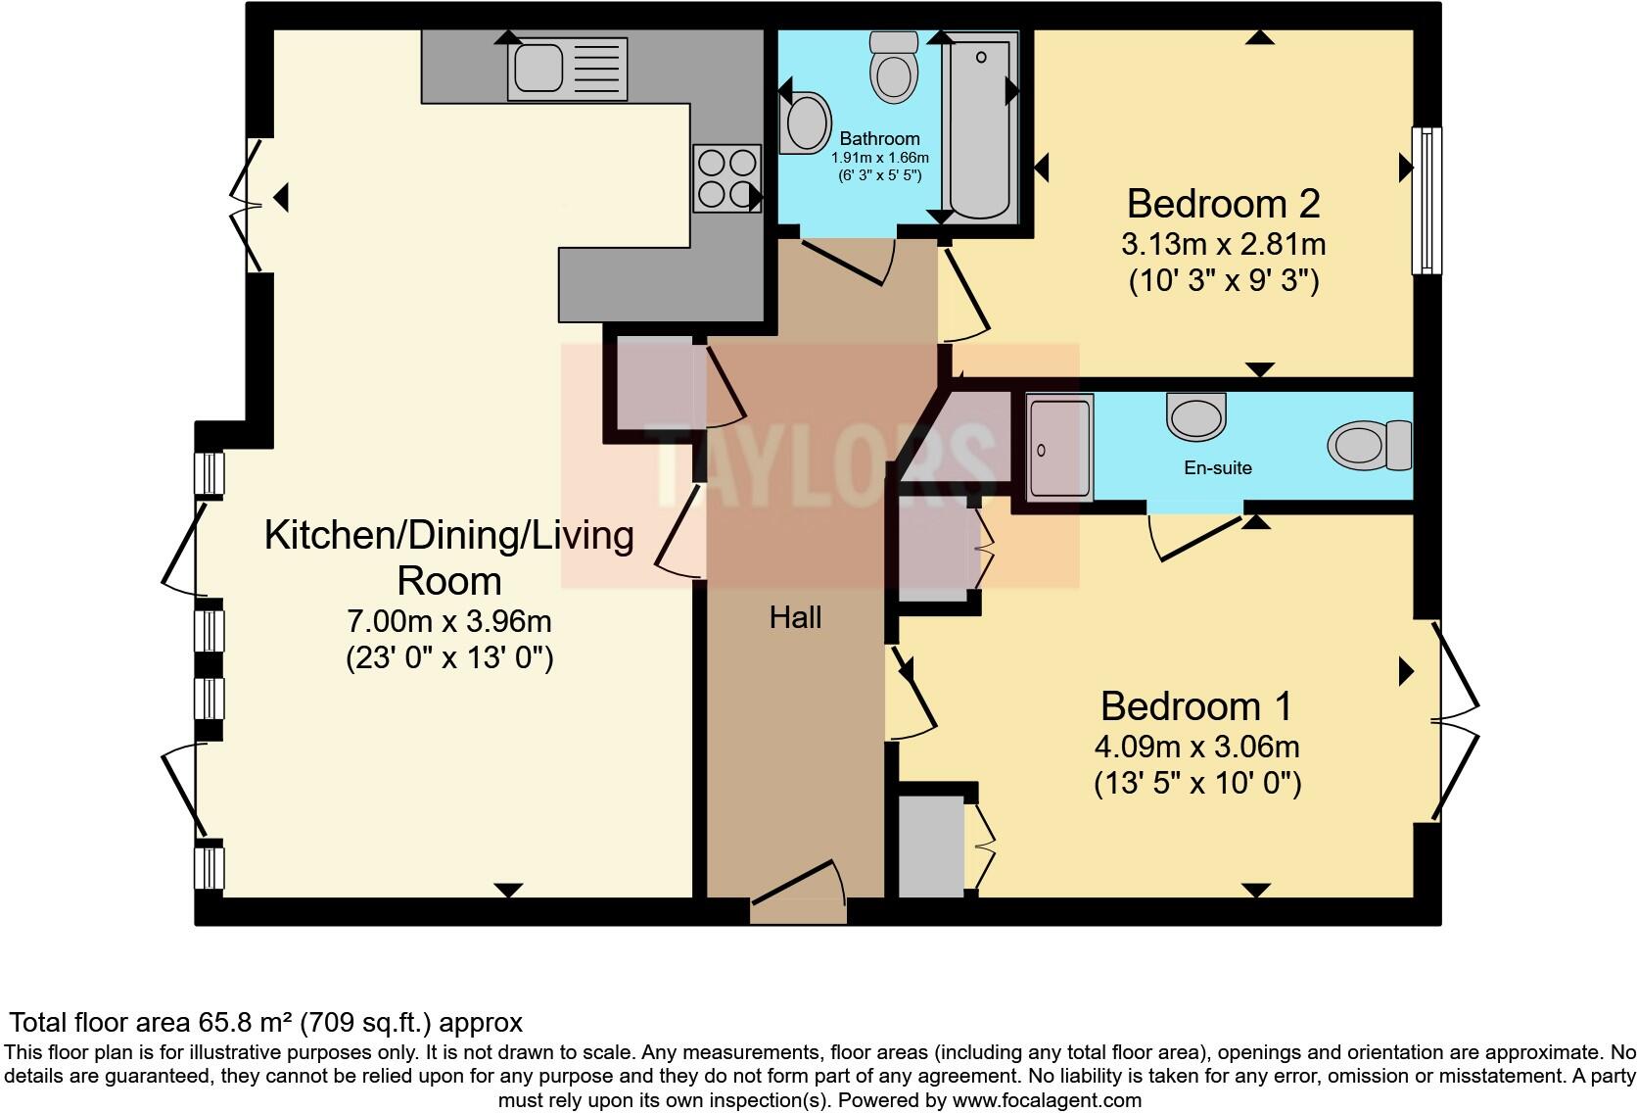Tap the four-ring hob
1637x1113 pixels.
tap(726, 178)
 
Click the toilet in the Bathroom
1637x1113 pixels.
tap(894, 69)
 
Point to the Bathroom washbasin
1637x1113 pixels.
tap(807, 122)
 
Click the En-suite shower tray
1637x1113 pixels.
tap(1059, 447)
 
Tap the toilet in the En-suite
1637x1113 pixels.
tap(1368, 445)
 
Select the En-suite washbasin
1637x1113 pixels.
tap(1195, 416)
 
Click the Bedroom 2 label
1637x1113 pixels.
tap(1223, 204)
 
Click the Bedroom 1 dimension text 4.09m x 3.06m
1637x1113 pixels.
tap(1196, 747)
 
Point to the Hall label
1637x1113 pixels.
tap(795, 617)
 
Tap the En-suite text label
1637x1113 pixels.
tap(1217, 468)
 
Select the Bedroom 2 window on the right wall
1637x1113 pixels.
tap(1427, 201)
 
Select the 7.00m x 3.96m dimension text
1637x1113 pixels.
tap(449, 621)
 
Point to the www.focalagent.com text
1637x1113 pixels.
tap(1046, 1100)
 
